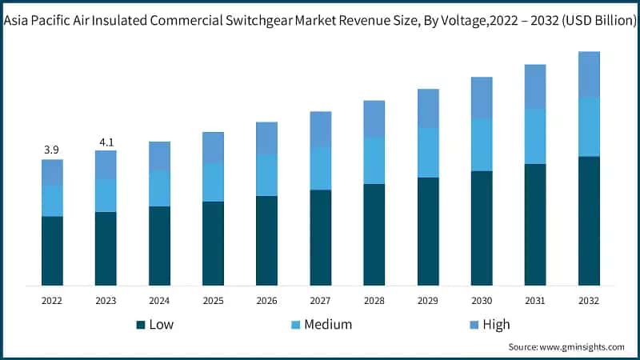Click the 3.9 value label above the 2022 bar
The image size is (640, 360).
point(52,150)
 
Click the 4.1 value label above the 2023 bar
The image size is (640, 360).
point(106,142)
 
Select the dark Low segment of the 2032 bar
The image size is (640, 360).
point(590,221)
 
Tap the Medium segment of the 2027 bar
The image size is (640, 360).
point(321,168)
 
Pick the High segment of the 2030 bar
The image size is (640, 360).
point(482,98)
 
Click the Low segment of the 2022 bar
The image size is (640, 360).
point(52,250)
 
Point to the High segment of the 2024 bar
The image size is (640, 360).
point(159,156)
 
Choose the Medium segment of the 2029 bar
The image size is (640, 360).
point(428,153)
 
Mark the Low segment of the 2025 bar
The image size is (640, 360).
point(213,243)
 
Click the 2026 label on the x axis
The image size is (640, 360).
point(266,301)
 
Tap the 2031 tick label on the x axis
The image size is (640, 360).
point(535,301)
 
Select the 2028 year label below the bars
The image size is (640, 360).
point(374,301)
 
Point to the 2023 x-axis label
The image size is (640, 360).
point(106,301)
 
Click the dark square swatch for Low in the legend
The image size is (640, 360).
point(140,325)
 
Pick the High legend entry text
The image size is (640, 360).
point(496,325)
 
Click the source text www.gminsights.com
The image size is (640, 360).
point(583,347)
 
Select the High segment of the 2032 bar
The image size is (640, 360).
point(590,74)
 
